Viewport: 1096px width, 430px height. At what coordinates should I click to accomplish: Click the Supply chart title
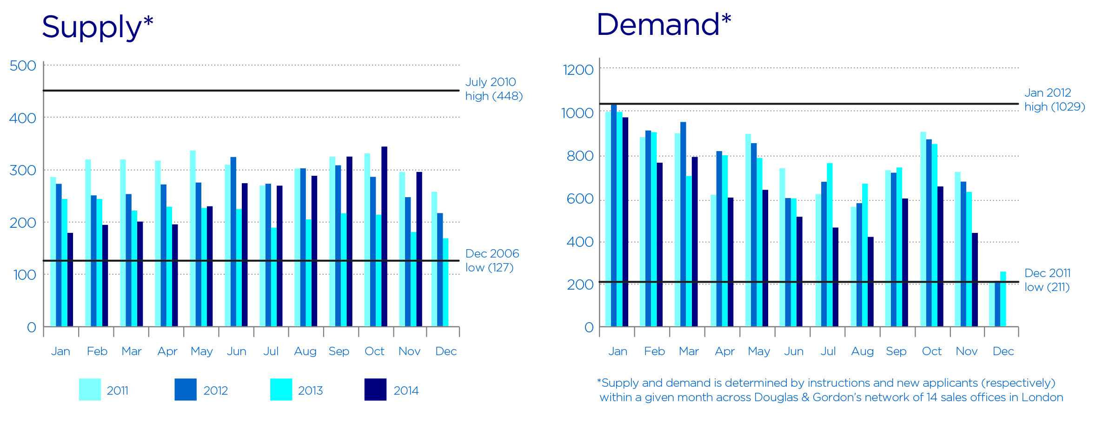coord(97,27)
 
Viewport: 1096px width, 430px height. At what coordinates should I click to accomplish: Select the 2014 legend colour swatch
coord(375,390)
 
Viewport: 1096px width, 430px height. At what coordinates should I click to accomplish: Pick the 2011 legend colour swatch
coord(90,390)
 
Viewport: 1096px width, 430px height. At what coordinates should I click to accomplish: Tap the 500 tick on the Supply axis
coord(23,66)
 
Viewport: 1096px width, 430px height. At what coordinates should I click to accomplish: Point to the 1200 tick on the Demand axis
coord(578,70)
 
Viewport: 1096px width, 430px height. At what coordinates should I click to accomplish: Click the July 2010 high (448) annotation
coord(494,89)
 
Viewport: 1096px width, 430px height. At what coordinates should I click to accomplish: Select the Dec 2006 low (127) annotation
coord(492,260)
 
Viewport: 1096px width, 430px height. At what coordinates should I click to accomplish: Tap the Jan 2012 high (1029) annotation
coord(1054,99)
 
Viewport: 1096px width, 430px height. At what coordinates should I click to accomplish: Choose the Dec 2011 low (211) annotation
coord(1047,280)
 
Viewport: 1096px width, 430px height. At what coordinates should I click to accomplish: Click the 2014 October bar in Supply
coord(384,237)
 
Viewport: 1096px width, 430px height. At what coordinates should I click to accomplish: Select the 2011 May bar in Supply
coord(193,238)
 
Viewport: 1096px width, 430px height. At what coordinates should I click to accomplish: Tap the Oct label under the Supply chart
coord(374,351)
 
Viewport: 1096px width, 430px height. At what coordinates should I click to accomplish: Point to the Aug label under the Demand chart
coord(862,351)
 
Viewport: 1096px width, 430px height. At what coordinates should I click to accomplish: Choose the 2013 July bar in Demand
coord(830,245)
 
